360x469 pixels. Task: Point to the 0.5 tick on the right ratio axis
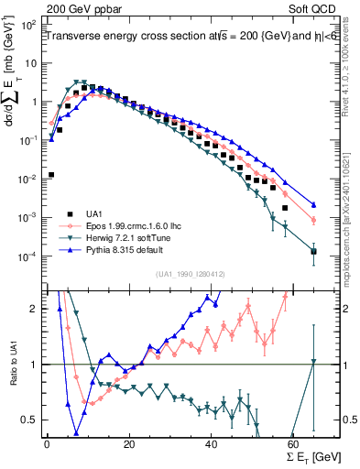coord(350,420)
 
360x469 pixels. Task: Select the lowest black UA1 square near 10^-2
coord(51,174)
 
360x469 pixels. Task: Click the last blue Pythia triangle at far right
coord(313,205)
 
